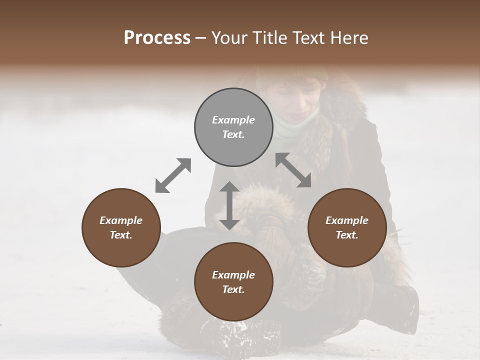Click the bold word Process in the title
pyautogui.click(x=157, y=38)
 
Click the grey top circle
pyautogui.click(x=233, y=127)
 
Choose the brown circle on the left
pyautogui.click(x=121, y=227)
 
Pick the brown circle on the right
pyautogui.click(x=347, y=227)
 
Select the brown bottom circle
pyautogui.click(x=233, y=282)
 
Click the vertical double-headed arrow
pyautogui.click(x=229, y=205)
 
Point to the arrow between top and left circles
pyautogui.click(x=173, y=175)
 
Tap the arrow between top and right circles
pyautogui.click(x=293, y=170)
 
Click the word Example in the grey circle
pyautogui.click(x=233, y=120)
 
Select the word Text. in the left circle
pyautogui.click(x=121, y=235)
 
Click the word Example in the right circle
pyautogui.click(x=347, y=220)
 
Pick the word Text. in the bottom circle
pyautogui.click(x=233, y=289)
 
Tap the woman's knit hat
pyautogui.click(x=290, y=75)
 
